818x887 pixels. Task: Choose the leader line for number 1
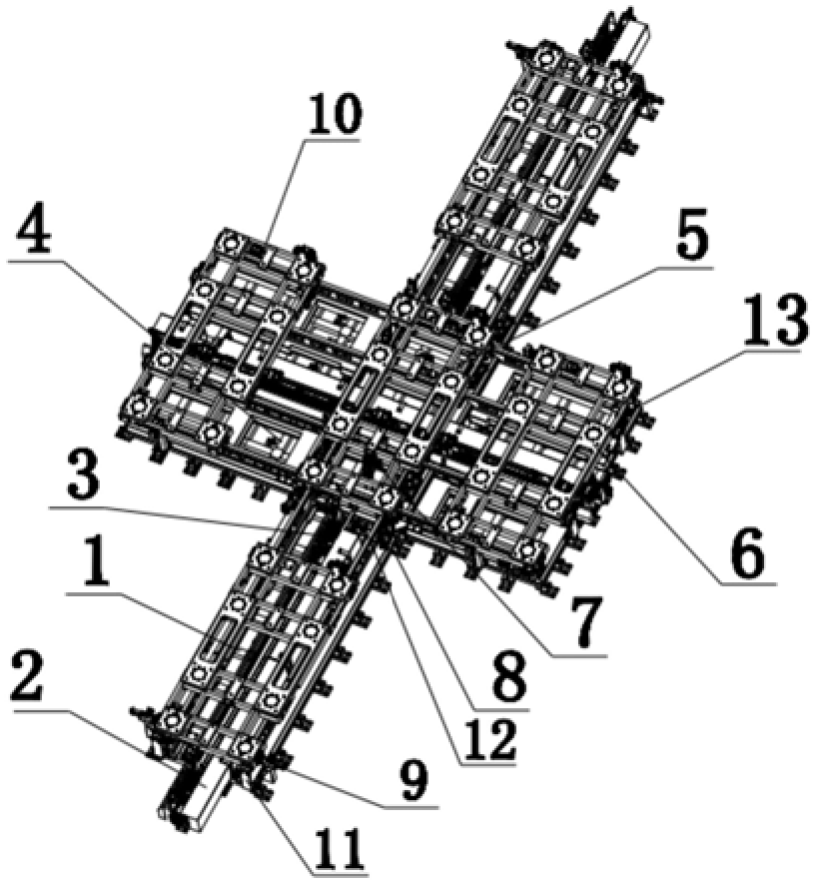[x=136, y=612]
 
